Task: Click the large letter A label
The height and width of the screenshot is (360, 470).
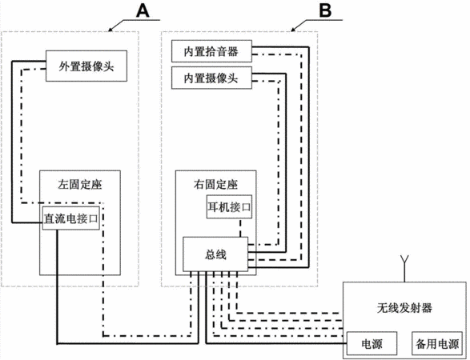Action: pyautogui.click(x=143, y=11)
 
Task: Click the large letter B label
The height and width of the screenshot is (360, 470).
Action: pyautogui.click(x=325, y=10)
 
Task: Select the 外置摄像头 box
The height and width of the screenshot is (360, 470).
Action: pyautogui.click(x=86, y=66)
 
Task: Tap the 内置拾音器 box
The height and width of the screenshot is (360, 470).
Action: pyautogui.click(x=211, y=51)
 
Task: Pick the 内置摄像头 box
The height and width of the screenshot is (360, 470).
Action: pyautogui.click(x=211, y=78)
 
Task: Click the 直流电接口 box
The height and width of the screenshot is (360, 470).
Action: pyautogui.click(x=71, y=218)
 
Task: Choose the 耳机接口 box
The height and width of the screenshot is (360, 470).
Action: pyautogui.click(x=229, y=206)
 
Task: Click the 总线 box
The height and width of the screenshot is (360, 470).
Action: pyautogui.click(x=215, y=254)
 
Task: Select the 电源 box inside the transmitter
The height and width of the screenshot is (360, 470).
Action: pyautogui.click(x=372, y=343)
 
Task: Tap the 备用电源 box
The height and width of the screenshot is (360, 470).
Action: pyautogui.click(x=436, y=343)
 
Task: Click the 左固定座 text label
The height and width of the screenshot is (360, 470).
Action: pyautogui.click(x=80, y=184)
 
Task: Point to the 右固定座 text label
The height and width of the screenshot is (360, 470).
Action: pyautogui.click(x=215, y=184)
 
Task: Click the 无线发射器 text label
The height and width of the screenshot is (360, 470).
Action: pyautogui.click(x=404, y=307)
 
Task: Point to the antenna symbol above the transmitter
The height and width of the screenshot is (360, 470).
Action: pyautogui.click(x=404, y=269)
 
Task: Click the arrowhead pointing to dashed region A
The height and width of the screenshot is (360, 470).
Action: pyautogui.click(x=110, y=30)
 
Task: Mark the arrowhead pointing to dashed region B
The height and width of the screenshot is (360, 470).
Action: pyautogui.click(x=293, y=30)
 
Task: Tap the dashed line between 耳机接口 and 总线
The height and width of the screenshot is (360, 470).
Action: pyautogui.click(x=240, y=228)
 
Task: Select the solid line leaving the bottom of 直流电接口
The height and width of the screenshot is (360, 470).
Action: pyautogui.click(x=127, y=343)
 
